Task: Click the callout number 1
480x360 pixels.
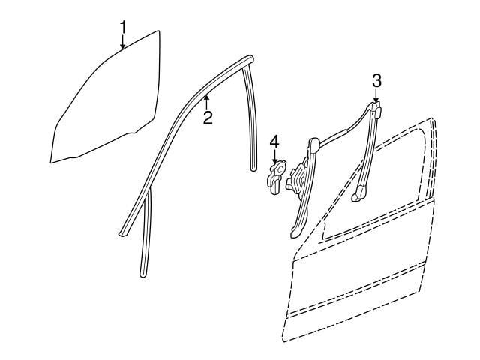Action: (123, 28)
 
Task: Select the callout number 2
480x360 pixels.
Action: (208, 118)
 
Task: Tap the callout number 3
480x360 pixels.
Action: (376, 81)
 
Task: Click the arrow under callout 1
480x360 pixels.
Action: (123, 42)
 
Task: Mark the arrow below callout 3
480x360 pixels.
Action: (376, 94)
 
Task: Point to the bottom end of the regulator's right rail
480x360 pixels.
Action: (358, 195)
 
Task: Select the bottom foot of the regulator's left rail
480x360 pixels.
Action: (295, 231)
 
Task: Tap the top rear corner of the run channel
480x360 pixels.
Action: (250, 58)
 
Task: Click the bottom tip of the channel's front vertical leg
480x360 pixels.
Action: (142, 274)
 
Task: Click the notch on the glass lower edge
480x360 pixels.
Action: (133, 133)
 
